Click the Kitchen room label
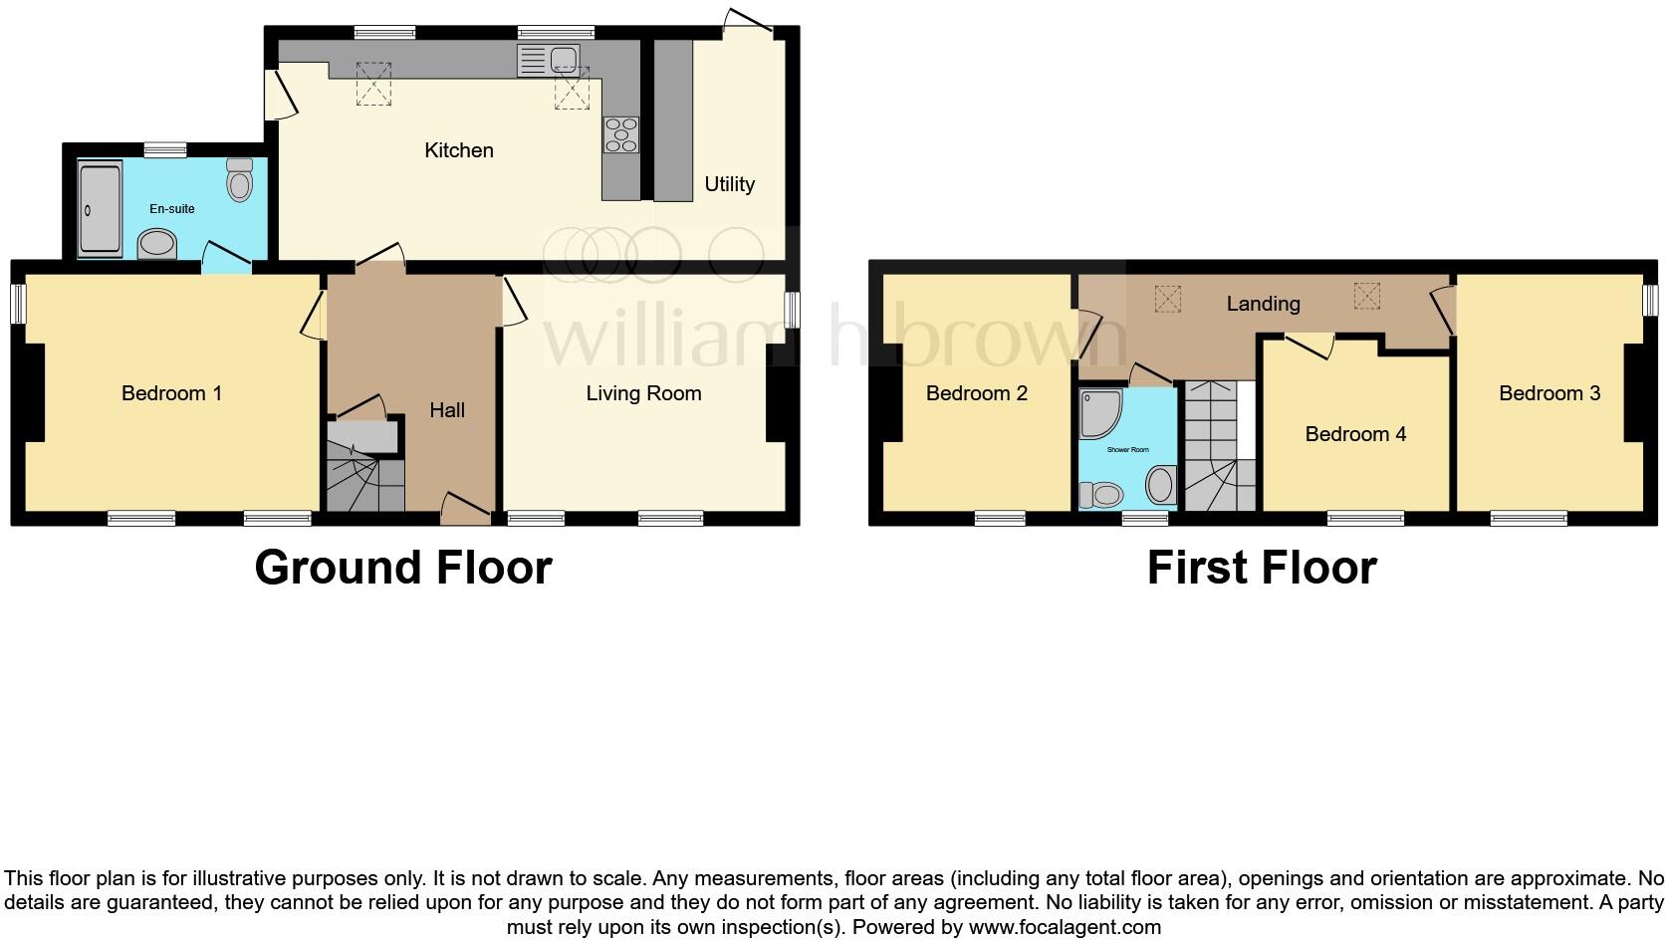459,150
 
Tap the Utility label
729,184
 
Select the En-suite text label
172,209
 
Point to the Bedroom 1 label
171,393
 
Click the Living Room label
643,393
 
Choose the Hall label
447,409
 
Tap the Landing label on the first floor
1263,304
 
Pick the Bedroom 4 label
1355,434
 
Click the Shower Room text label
1127,450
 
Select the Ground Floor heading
403,568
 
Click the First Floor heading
1262,568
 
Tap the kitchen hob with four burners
621,134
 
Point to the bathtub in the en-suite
100,208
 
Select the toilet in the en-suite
239,181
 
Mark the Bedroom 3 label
1549,393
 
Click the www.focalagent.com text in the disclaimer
1065,927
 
